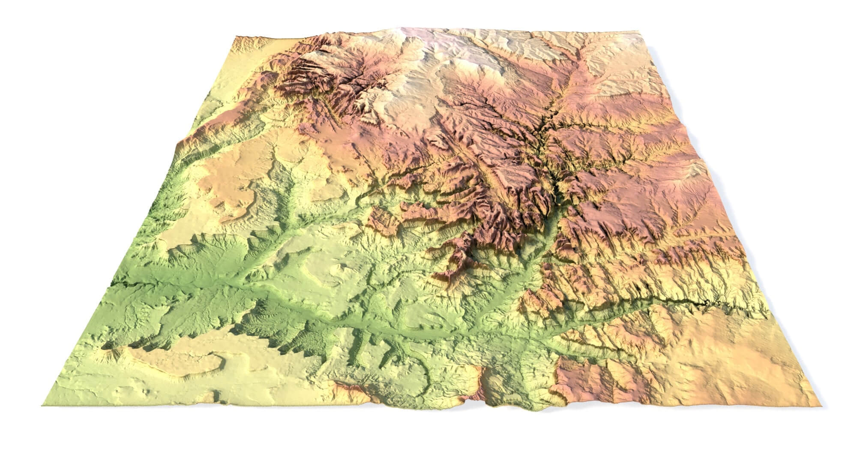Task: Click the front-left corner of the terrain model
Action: (43, 406)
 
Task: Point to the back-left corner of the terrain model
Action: (235, 37)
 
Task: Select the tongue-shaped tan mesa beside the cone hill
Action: (180, 362)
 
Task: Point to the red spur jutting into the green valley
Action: (454, 266)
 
